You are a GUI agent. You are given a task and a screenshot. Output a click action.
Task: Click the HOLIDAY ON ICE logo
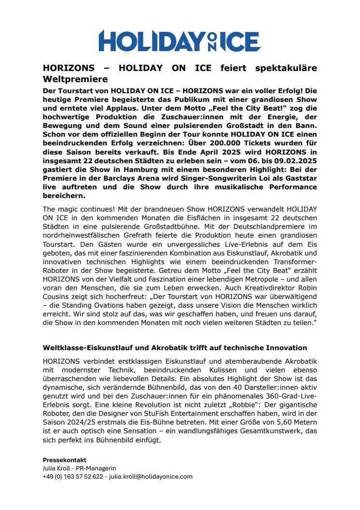click(x=180, y=41)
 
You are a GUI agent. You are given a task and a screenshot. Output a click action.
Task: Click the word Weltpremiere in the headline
click(x=75, y=78)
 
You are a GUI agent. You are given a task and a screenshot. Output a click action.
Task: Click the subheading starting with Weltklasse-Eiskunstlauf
click(x=175, y=348)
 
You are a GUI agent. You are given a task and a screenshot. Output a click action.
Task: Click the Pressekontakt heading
click(x=64, y=460)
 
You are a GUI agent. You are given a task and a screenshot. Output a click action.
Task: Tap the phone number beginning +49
click(x=73, y=476)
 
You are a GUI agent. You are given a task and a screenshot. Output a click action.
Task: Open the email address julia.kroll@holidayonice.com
click(x=151, y=476)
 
